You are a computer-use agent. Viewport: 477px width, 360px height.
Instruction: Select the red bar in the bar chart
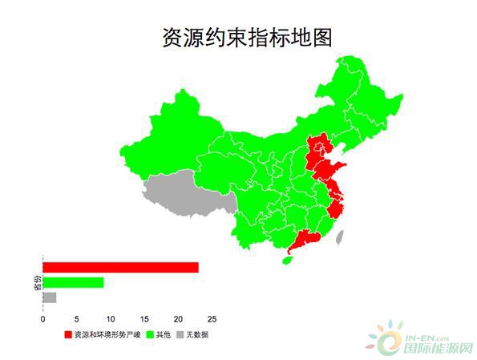pyautogui.click(x=120, y=267)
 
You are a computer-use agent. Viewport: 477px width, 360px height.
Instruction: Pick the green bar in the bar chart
pyautogui.click(x=73, y=282)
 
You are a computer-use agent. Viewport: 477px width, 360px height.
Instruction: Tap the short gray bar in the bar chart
pyautogui.click(x=49, y=297)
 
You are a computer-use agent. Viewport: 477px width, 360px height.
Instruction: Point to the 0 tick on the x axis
pyautogui.click(x=42, y=318)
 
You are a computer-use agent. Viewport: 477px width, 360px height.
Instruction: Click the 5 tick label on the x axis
pyautogui.click(x=76, y=318)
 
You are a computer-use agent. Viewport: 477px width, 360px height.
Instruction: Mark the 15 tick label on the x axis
pyautogui.click(x=144, y=318)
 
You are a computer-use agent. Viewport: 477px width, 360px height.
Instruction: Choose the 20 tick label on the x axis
pyautogui.click(x=178, y=318)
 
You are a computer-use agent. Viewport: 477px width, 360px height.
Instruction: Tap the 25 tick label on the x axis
pyautogui.click(x=212, y=318)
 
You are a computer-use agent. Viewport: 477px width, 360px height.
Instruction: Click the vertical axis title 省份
pyautogui.click(x=37, y=282)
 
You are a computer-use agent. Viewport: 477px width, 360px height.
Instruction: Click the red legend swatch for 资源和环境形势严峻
pyautogui.click(x=68, y=334)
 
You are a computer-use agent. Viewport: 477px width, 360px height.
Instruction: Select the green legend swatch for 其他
pyautogui.click(x=149, y=334)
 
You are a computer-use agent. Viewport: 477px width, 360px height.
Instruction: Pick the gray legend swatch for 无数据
pyautogui.click(x=180, y=334)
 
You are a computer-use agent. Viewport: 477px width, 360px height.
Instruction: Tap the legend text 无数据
pyautogui.click(x=197, y=334)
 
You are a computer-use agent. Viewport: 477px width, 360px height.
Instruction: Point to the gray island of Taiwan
pyautogui.click(x=339, y=237)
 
